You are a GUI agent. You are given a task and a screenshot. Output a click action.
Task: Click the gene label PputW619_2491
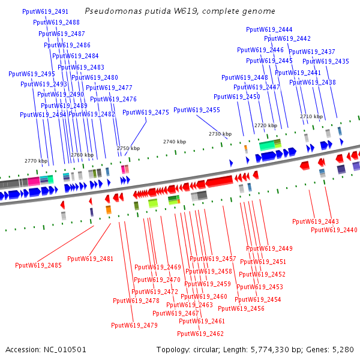pos(45,11)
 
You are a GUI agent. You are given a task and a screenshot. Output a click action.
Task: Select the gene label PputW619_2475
pos(146,112)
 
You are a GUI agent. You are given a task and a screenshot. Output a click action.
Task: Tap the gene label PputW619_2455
pos(197,110)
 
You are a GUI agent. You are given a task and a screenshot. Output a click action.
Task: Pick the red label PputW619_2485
pos(38,265)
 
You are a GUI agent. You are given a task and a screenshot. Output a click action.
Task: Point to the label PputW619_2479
pos(134,325)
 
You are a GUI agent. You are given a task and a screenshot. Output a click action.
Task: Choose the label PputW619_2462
pos(200,334)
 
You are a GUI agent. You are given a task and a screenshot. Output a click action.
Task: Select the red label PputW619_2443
pos(316,221)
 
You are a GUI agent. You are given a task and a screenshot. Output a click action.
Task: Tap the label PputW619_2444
pos(269,29)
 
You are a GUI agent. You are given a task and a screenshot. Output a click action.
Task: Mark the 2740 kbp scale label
pos(174,142)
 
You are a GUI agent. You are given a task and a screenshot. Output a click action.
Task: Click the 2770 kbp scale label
pos(35,161)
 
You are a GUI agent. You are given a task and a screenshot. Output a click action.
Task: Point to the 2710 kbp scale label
pos(311,116)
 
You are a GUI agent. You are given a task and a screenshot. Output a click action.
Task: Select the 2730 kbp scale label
pos(220,134)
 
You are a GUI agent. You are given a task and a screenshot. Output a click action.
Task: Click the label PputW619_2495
pos(32,74)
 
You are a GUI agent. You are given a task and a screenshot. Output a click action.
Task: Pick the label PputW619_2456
pos(241,308)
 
